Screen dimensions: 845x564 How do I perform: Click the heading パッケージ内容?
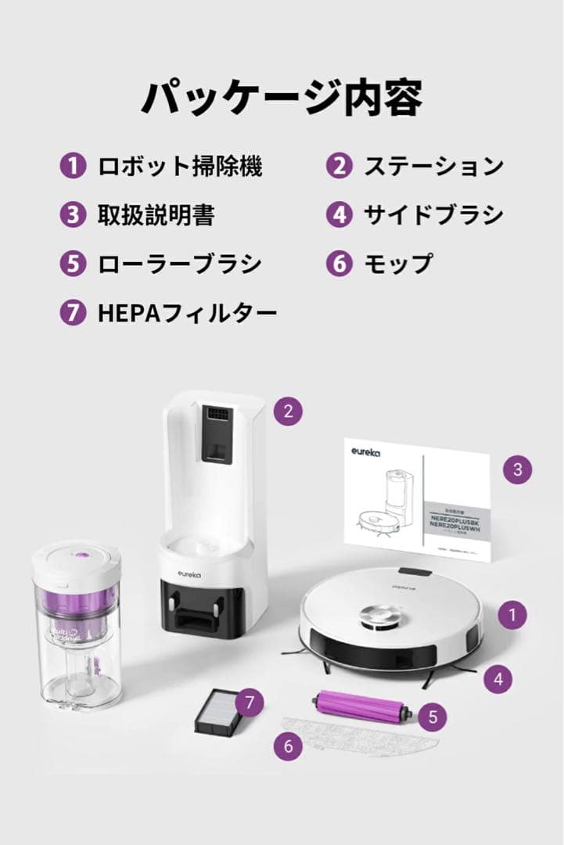(x=282, y=98)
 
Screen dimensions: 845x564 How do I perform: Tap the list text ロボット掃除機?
(x=180, y=166)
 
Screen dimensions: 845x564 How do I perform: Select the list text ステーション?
(x=433, y=166)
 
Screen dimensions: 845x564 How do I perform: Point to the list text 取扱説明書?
(x=156, y=214)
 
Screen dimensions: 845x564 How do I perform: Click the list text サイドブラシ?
(x=433, y=214)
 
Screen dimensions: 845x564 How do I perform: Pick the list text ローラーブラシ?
(x=180, y=264)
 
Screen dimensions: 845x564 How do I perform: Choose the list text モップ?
(x=397, y=264)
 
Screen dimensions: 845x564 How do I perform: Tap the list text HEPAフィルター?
(x=188, y=314)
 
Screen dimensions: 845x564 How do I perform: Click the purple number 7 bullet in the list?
(x=72, y=314)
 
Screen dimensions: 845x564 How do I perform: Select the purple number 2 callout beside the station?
(x=289, y=412)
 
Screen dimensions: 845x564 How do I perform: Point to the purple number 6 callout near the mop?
(x=289, y=746)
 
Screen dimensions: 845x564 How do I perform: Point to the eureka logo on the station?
(x=189, y=574)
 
